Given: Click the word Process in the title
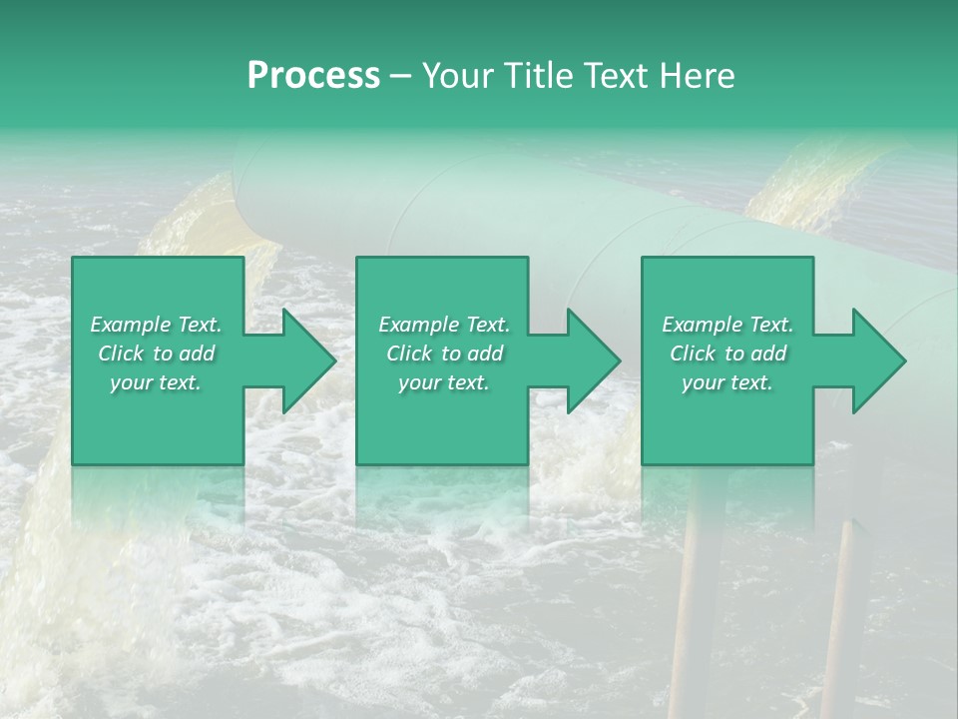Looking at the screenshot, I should (x=313, y=76).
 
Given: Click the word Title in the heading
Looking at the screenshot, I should (x=536, y=76).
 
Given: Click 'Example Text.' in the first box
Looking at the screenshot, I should (x=156, y=325).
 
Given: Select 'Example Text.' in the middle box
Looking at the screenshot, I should (x=443, y=325).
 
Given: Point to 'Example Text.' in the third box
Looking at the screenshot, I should (x=727, y=325).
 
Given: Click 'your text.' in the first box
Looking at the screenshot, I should (x=156, y=382).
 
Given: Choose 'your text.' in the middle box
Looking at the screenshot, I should (x=443, y=382).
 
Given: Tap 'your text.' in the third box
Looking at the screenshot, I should (x=727, y=382).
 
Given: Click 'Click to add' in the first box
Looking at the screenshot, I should (x=156, y=354).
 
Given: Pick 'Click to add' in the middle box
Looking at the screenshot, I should (x=443, y=354).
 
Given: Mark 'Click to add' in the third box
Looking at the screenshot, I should (x=727, y=354).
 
